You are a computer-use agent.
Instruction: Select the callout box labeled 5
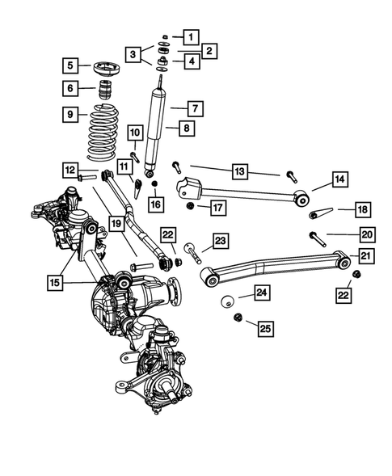[x=72, y=65]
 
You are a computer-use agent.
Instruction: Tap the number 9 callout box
[x=72, y=115]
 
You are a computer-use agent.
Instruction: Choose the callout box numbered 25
[x=263, y=327]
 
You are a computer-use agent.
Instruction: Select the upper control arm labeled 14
[x=242, y=192]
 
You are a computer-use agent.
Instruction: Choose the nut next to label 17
[x=190, y=208]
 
